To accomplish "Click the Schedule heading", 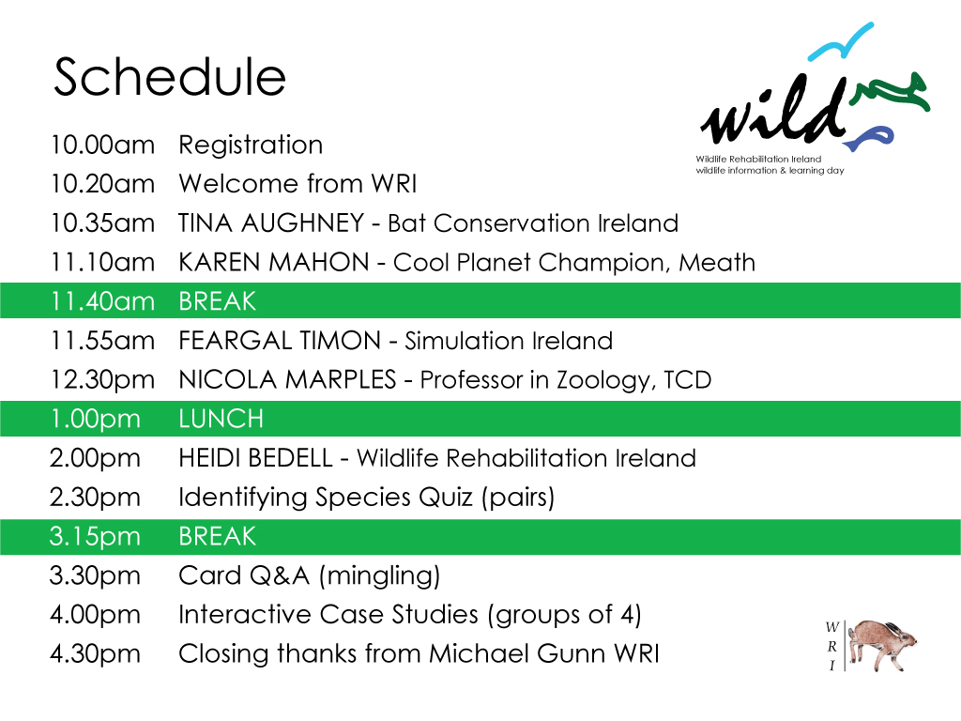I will coord(170,77).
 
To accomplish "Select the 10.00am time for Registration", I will coord(102,146).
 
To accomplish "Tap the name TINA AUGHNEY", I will coord(271,223).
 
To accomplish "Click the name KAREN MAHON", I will coord(274,263).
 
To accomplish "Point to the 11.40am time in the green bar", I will coord(102,301).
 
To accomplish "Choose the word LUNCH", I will coord(221,419).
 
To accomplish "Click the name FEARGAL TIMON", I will coord(280,341).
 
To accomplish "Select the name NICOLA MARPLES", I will coord(287,380).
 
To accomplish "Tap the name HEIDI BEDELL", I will coord(255,458).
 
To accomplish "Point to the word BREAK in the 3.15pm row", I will coord(218,536).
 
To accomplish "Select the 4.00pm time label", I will coord(96,615).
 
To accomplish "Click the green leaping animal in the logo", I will coord(891,94).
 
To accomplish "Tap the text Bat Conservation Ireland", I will coord(532,223).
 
